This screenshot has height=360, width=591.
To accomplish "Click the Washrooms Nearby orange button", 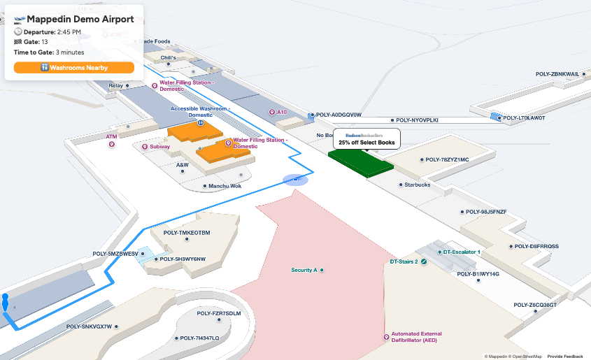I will [x=73, y=68].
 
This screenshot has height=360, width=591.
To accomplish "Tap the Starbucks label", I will [x=418, y=185].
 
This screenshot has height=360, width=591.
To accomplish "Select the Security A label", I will [x=304, y=270].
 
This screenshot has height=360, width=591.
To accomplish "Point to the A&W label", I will [x=183, y=165].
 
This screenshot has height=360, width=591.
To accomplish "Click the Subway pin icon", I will [x=145, y=147].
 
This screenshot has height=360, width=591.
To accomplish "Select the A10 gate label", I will [x=281, y=112].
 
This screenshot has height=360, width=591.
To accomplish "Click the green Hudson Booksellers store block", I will [x=361, y=163].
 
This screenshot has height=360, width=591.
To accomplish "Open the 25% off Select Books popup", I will [x=366, y=138].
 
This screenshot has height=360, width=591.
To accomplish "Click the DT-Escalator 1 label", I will [x=461, y=252].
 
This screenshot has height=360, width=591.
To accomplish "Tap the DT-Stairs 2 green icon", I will [x=424, y=261].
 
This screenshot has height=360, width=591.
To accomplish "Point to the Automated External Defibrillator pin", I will [x=386, y=337].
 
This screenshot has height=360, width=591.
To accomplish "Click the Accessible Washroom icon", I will [x=200, y=122].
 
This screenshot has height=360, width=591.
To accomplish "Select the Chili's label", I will [x=168, y=58].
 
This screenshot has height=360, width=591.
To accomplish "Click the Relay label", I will [x=115, y=85].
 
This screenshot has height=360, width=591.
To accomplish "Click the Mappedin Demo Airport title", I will [x=80, y=20].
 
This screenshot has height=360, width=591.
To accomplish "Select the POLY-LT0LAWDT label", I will [x=524, y=118].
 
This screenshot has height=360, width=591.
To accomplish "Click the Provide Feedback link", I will [x=564, y=356].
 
